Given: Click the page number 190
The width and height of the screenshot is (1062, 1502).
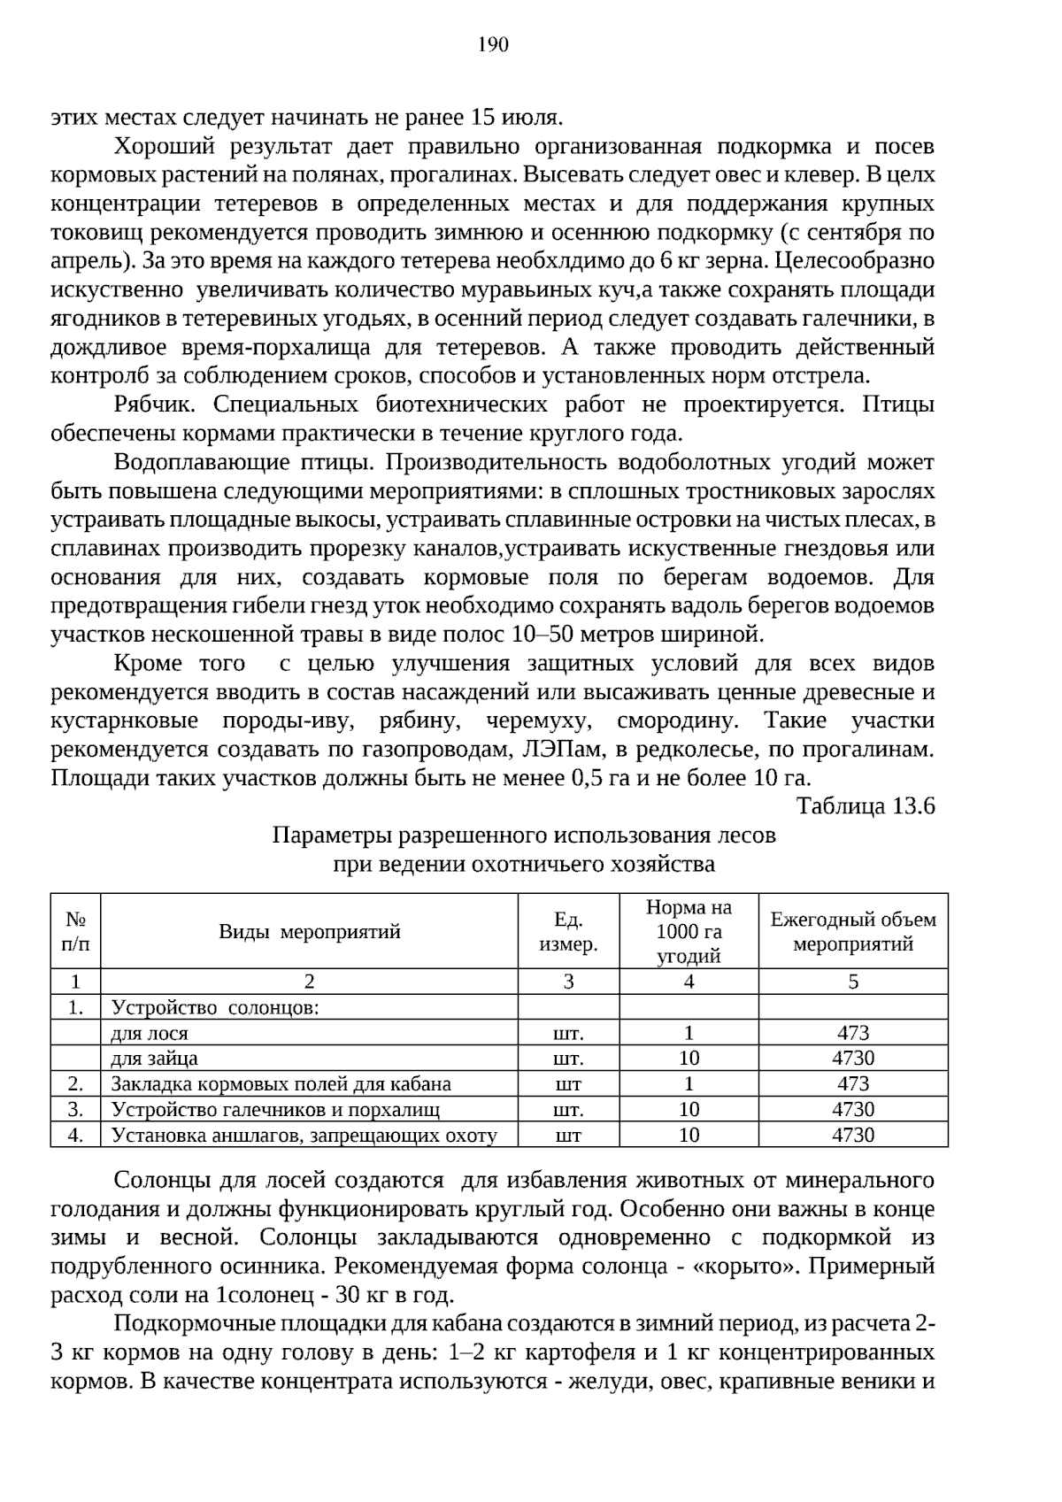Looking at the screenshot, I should pyautogui.click(x=493, y=44).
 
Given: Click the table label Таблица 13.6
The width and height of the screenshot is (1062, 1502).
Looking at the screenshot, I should pyautogui.click(x=865, y=806).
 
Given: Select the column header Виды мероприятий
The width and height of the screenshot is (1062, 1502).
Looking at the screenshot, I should pyautogui.click(x=309, y=931).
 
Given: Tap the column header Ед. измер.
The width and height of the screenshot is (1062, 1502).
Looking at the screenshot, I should pyautogui.click(x=568, y=932).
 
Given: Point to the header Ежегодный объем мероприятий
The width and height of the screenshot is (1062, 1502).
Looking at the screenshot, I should pyautogui.click(x=852, y=931).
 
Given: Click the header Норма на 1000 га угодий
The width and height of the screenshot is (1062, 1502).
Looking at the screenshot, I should pyautogui.click(x=689, y=931).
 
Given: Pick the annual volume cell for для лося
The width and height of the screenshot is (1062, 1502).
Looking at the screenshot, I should pyautogui.click(x=852, y=1033).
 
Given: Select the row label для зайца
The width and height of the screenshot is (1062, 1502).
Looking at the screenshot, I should pyautogui.click(x=154, y=1059).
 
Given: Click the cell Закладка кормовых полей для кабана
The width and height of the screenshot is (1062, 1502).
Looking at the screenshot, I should pyautogui.click(x=281, y=1084).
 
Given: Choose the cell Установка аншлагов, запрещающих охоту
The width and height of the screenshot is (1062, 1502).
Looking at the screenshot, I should pyautogui.click(x=304, y=1136).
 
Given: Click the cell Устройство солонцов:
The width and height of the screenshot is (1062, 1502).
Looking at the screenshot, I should pyautogui.click(x=214, y=1007).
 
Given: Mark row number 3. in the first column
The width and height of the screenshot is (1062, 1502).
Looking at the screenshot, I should pyautogui.click(x=75, y=1110).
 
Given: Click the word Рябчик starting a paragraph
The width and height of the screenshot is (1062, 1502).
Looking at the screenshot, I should pyautogui.click(x=149, y=405).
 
